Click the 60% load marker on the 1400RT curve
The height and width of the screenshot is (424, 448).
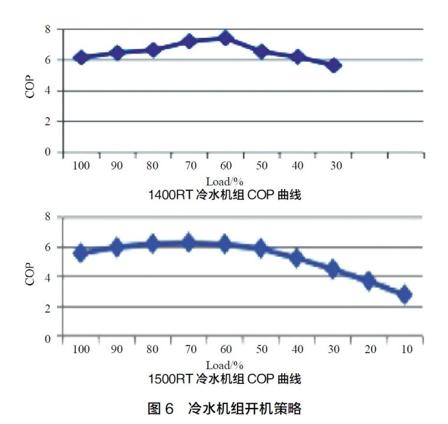coord(225,38)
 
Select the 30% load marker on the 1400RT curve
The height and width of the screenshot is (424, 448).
coord(334,65)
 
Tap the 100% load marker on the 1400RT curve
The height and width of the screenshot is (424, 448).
coord(81,57)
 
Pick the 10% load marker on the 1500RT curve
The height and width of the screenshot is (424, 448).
coord(405,294)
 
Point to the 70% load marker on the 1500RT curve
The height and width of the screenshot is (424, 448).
coord(189,242)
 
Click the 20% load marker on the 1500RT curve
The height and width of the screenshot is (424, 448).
coord(369,281)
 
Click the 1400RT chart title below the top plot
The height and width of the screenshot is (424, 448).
coord(225,195)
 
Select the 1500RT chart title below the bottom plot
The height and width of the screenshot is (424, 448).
coord(225,378)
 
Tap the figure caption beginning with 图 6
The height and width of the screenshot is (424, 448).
coord(225,407)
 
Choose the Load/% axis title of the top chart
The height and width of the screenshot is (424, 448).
coord(225,181)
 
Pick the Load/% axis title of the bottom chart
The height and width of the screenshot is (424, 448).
coord(225,365)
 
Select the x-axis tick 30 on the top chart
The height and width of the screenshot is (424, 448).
coord(334,165)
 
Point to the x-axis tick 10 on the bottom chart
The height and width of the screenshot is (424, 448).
coord(406,350)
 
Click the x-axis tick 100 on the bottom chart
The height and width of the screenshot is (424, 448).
coord(81,350)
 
